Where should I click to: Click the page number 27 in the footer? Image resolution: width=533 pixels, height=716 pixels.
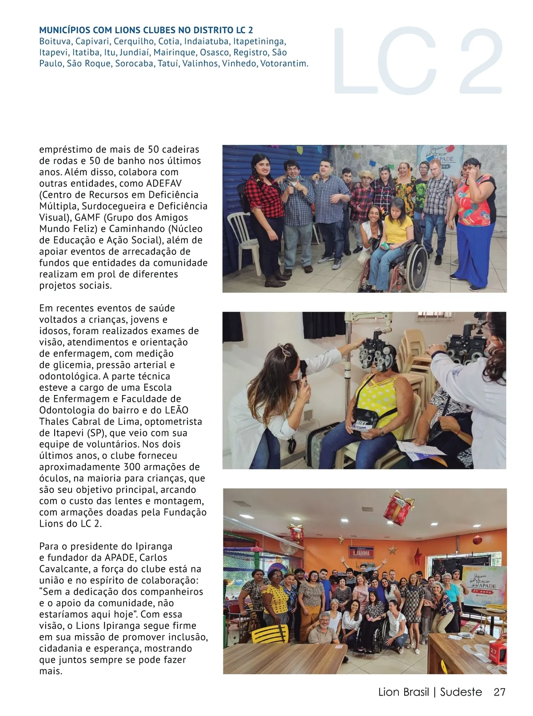pyautogui.click(x=499, y=692)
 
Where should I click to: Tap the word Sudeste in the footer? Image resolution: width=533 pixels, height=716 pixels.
pyautogui.click(x=461, y=692)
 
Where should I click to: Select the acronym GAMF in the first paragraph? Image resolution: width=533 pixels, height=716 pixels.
pyautogui.click(x=87, y=218)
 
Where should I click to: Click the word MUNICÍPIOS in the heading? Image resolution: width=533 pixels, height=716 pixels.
pyautogui.click(x=64, y=30)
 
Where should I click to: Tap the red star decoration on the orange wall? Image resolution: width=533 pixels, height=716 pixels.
pyautogui.click(x=418, y=557)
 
